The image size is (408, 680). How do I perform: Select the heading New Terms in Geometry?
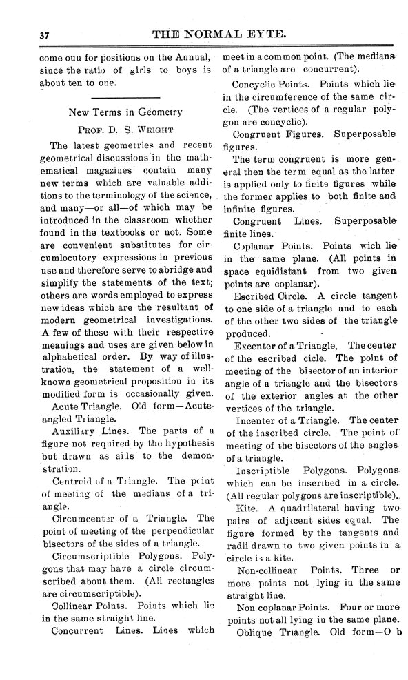coord(125,112)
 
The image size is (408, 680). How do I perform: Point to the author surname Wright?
coord(151,129)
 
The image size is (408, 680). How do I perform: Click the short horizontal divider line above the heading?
coord(125,94)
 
